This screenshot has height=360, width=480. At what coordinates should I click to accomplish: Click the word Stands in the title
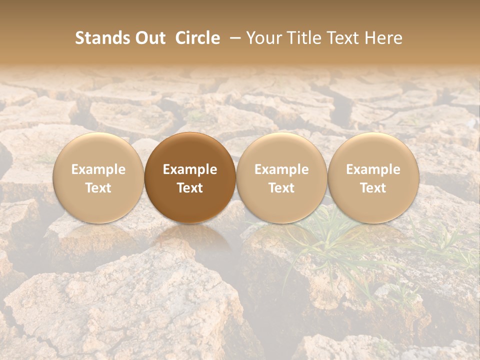[101, 38]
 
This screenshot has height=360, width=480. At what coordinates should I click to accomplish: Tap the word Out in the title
[148, 38]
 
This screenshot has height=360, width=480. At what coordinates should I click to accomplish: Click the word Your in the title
[263, 38]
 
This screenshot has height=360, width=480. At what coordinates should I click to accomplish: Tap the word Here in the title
[383, 38]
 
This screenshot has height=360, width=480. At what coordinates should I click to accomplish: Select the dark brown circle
[190, 178]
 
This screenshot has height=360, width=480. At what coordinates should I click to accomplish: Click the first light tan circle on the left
[98, 178]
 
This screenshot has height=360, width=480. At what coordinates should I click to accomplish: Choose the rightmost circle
[373, 178]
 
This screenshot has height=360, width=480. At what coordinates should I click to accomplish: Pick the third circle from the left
[281, 178]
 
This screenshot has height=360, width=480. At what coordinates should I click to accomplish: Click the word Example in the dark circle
[190, 169]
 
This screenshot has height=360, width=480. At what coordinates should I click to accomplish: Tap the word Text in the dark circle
[190, 188]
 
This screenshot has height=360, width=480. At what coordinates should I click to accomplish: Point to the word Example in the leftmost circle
[98, 169]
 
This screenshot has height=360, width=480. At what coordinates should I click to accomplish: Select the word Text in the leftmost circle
[98, 188]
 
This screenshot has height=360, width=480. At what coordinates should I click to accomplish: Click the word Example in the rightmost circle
[373, 169]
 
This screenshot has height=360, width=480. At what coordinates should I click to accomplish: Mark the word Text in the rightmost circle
[373, 188]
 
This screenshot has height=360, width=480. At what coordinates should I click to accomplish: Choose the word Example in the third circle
[281, 169]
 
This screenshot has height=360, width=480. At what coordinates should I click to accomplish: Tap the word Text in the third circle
[281, 188]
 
